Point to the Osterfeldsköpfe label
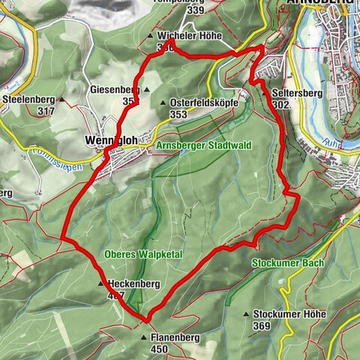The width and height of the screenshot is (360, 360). click(204, 103)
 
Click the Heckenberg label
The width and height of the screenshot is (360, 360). click(133, 284)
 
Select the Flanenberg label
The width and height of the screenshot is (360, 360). click(175, 338)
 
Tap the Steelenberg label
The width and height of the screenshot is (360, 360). click(30, 99)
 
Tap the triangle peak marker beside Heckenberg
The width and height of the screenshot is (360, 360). click(100, 284)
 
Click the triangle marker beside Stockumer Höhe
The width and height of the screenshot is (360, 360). click(247, 315)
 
